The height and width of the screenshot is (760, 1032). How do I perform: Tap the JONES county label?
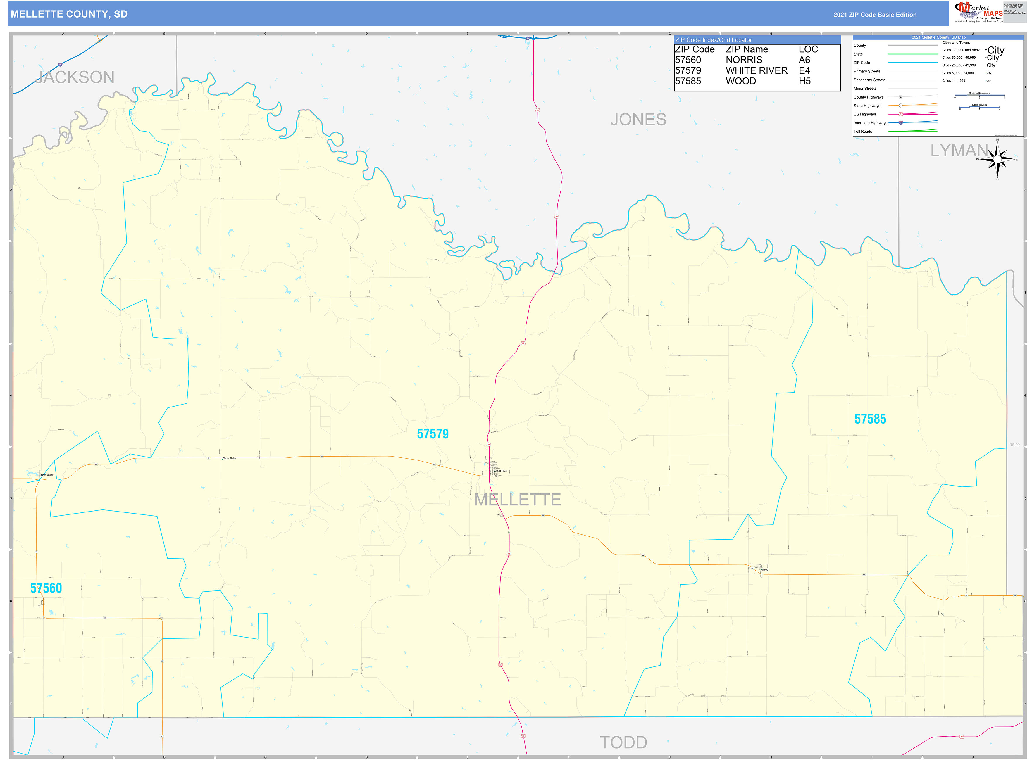[x=638, y=120]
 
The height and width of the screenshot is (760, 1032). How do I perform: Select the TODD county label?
[x=623, y=742]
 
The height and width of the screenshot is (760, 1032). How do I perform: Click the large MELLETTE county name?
[x=517, y=500]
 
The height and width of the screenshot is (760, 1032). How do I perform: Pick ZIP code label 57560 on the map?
[x=46, y=588]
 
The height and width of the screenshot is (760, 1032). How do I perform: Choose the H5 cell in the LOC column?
[x=804, y=81]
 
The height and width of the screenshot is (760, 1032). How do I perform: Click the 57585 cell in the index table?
[x=688, y=81]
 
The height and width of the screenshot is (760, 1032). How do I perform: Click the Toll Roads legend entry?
[x=863, y=132]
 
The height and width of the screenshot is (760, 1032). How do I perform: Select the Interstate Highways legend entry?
[x=870, y=123]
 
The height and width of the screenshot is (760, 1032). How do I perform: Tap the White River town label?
[x=501, y=471]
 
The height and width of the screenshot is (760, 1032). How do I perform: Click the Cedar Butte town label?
[x=229, y=458]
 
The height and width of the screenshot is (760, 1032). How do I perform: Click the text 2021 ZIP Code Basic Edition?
[x=875, y=15]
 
